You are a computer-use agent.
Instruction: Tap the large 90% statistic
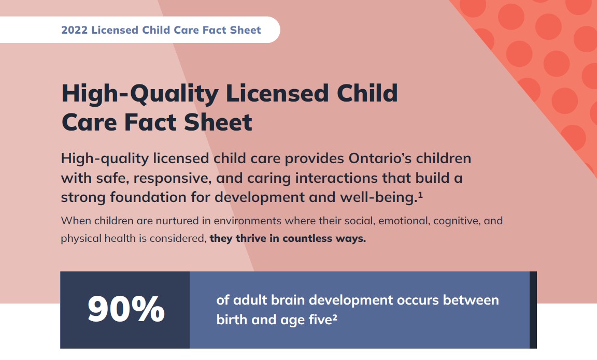tap(126, 310)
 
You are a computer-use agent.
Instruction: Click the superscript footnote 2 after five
tap(335, 318)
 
